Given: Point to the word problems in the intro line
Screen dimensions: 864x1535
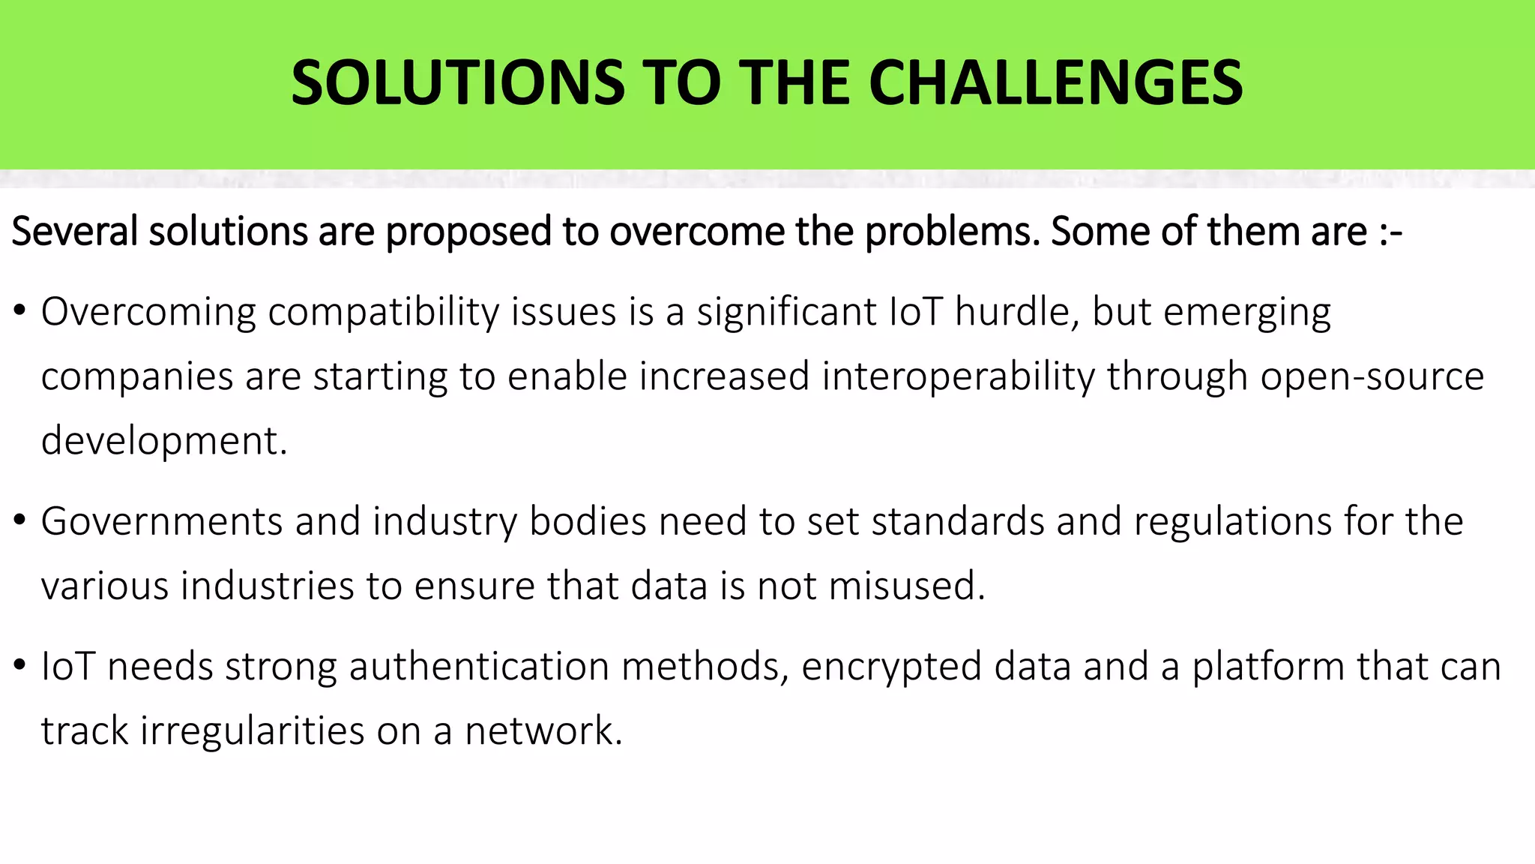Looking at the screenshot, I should point(952,231).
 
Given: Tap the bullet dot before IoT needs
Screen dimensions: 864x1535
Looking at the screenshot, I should point(20,664).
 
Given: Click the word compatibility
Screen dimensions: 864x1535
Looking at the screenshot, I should point(383,312).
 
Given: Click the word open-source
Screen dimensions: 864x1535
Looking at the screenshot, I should point(1372,376).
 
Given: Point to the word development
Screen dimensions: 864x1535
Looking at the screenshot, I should point(163,441).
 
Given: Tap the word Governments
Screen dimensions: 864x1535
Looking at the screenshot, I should point(161,521).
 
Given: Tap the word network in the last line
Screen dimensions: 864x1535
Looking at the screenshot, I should point(543,731).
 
